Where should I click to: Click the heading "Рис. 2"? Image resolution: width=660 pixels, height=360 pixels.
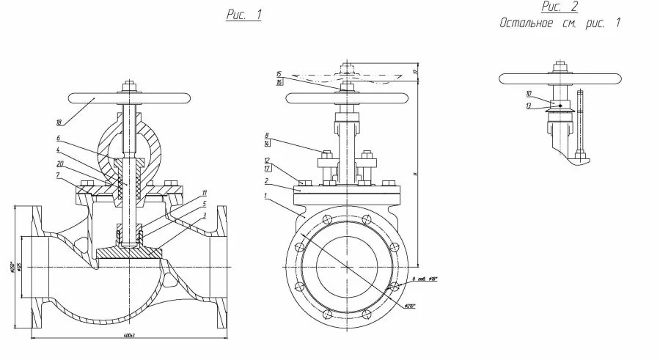coord(560,7)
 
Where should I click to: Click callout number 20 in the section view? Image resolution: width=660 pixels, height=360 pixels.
coord(60,163)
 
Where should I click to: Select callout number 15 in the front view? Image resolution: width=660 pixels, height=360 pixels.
coord(279,74)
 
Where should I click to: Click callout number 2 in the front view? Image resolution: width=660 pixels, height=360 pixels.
coord(268,180)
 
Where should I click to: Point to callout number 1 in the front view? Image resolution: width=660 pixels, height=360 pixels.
coord(268,196)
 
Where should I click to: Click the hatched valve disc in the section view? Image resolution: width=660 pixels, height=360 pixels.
coord(128,251)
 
